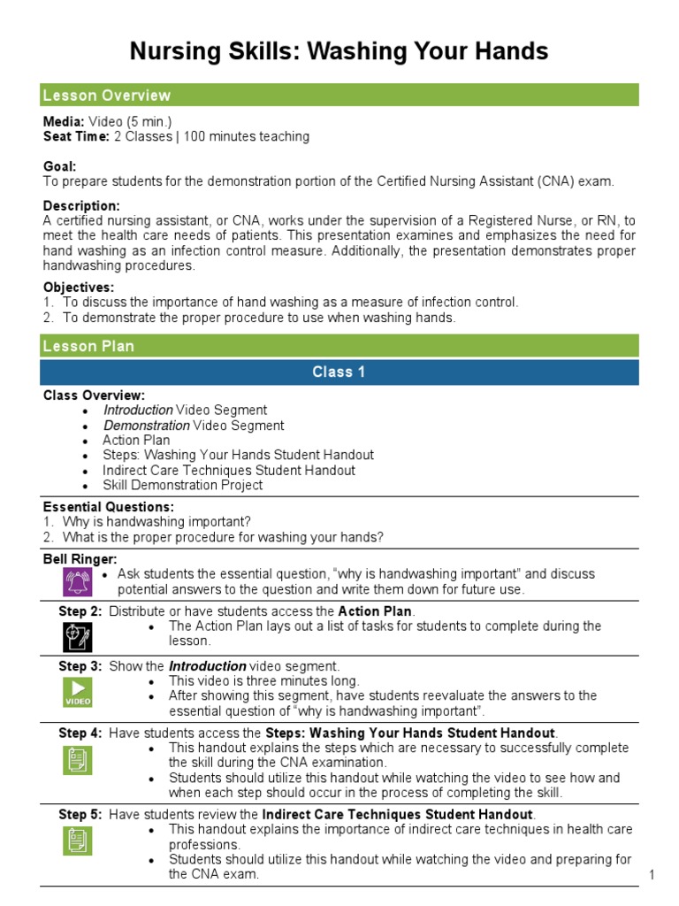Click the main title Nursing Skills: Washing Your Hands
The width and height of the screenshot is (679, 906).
339,51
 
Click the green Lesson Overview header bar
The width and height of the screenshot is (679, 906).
339,96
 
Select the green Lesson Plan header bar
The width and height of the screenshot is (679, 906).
339,346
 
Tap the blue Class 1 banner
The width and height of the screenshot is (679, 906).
339,372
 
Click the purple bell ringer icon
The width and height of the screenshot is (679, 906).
77,581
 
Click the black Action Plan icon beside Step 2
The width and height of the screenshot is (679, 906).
77,636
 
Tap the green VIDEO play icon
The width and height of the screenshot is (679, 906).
77,691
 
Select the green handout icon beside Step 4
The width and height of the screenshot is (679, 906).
77,758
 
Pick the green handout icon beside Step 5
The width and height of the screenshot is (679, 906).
77,840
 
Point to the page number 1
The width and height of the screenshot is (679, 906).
651,875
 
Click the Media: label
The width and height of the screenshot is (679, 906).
64,121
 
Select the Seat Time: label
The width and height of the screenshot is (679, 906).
76,136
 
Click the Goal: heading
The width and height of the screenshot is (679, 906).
60,166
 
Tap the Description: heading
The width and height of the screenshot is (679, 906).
81,205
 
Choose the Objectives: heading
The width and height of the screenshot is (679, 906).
79,288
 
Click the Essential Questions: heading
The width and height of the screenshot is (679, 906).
108,507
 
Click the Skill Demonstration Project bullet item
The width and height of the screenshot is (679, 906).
182,485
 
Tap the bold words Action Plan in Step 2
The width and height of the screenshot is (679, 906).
376,611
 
